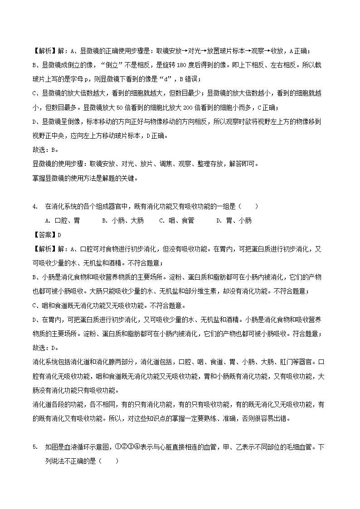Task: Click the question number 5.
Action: click(x=34, y=447)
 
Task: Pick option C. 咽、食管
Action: click(x=177, y=221)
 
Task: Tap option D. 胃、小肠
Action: click(x=234, y=221)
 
